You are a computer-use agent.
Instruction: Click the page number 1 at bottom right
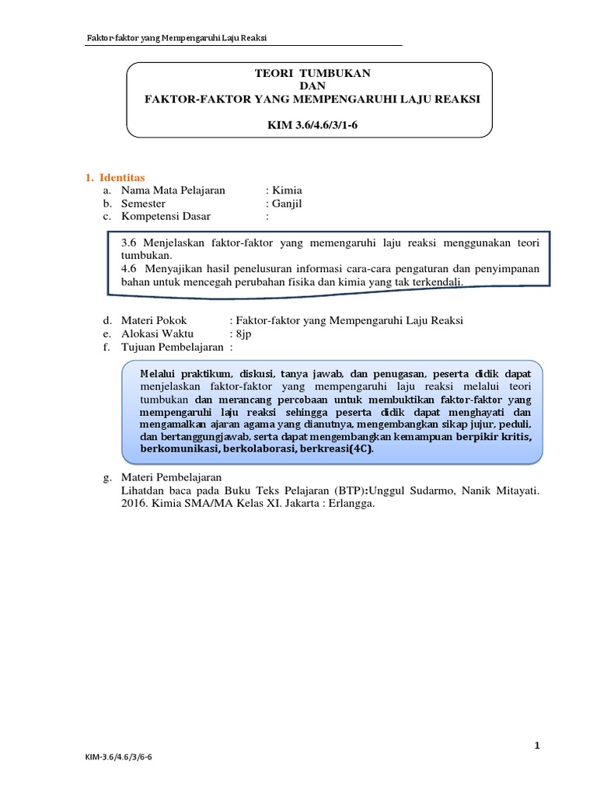click(x=536, y=746)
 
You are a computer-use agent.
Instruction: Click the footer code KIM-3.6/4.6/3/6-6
click(x=124, y=777)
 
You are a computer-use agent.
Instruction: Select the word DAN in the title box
click(x=309, y=86)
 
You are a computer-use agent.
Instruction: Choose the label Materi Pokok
click(x=154, y=320)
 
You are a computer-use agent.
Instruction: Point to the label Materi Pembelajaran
click(x=171, y=477)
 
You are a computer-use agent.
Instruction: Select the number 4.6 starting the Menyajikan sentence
click(x=130, y=269)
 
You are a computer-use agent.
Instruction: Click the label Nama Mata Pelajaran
click(x=173, y=190)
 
